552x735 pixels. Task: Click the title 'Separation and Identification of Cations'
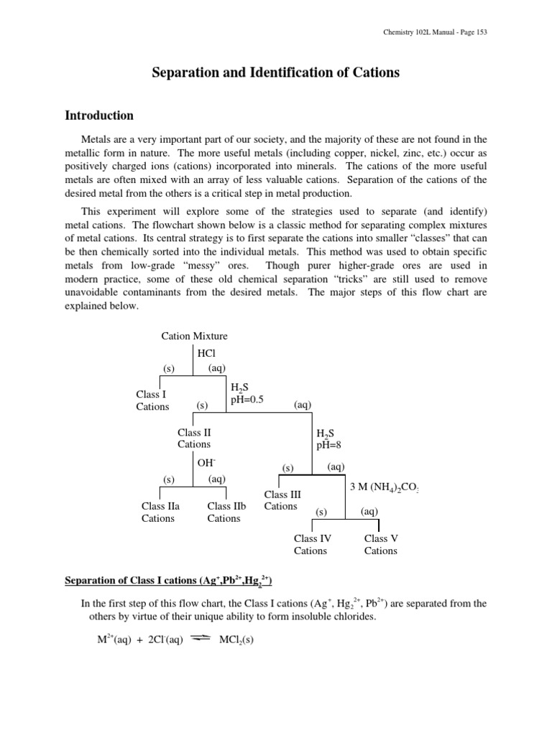coord(276,72)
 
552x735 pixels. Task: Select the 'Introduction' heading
coord(99,116)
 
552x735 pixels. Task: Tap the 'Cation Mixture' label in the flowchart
coord(195,336)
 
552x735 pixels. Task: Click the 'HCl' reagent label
coord(206,353)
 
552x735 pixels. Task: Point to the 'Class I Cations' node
coord(152,401)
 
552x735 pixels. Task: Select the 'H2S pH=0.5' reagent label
coord(247,393)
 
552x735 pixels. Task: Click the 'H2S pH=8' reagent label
coord(328,439)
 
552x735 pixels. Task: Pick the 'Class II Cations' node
coord(194,438)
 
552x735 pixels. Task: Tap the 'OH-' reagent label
coord(207,462)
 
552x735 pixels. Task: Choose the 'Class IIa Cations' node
coord(160,512)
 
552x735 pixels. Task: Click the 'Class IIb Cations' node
coord(226,512)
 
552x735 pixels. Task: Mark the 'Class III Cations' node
coord(282,500)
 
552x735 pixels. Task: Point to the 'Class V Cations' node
coord(380,545)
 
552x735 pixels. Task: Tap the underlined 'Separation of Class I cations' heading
coord(169,580)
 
